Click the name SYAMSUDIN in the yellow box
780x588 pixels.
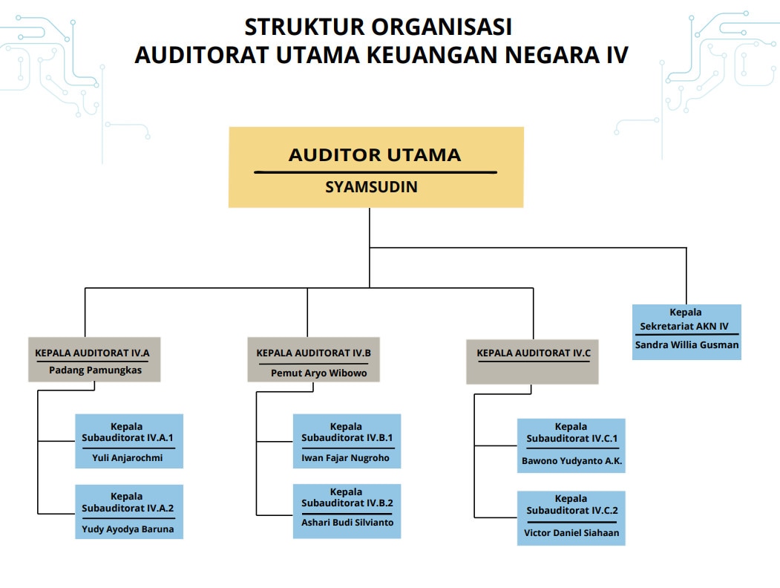pos(371,187)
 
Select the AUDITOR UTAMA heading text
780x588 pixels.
pos(375,155)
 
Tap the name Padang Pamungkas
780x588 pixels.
pos(95,370)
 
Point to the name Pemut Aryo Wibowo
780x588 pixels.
pos(318,373)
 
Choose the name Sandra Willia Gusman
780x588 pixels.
pos(687,344)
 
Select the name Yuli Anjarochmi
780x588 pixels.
pos(128,457)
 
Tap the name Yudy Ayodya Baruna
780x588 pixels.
pos(128,529)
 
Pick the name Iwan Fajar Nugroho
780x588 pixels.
pos(346,458)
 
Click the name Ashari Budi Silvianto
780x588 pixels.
pos(347,522)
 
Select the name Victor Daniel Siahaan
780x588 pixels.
pos(571,532)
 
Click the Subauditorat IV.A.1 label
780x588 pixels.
pos(128,438)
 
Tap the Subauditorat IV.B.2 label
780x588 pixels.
pos(347,503)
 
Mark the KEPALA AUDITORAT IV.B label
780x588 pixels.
pos(313,353)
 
